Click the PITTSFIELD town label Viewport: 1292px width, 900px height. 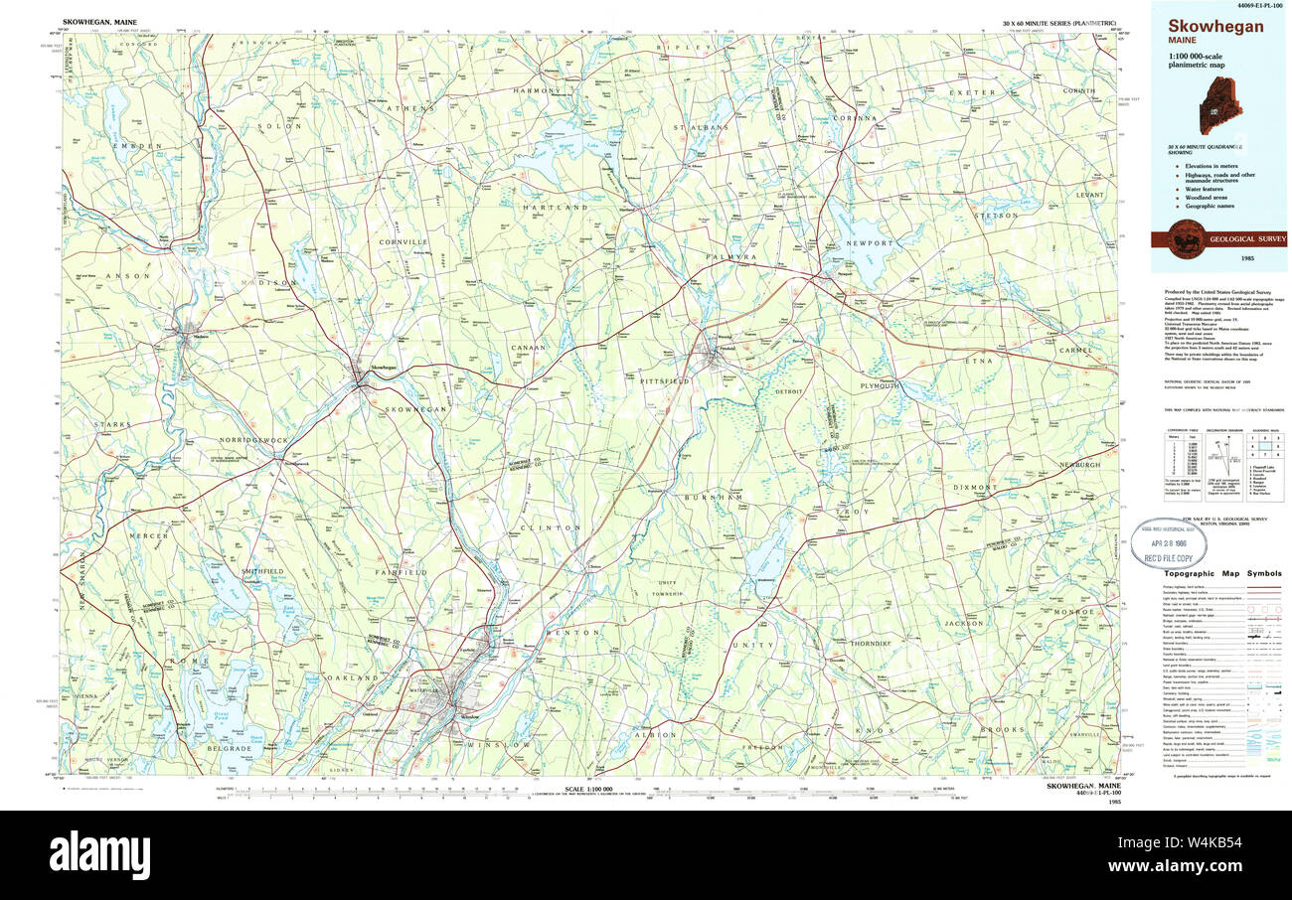pyautogui.click(x=665, y=380)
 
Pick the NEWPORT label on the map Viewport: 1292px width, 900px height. pyautogui.click(x=870, y=242)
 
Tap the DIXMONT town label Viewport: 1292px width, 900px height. pyautogui.click(x=975, y=488)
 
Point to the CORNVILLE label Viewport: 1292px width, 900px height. pyautogui.click(x=403, y=241)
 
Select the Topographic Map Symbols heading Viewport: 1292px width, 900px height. pyautogui.click(x=1221, y=573)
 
